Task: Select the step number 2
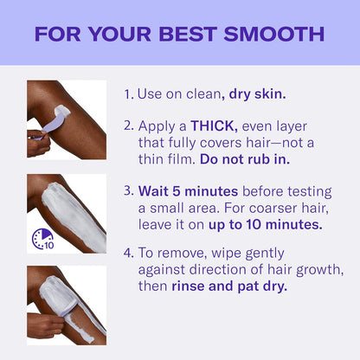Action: [x=128, y=125]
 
